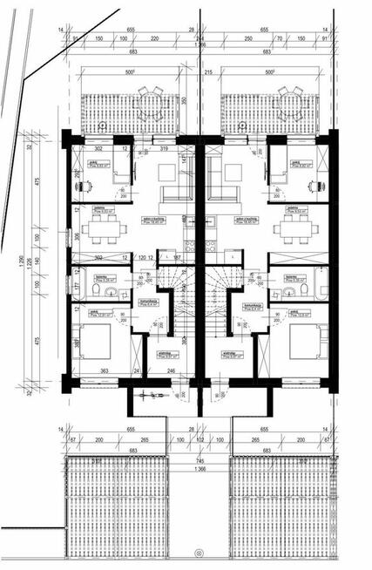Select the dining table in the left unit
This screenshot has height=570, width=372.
103,229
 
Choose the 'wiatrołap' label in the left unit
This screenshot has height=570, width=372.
163,352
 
